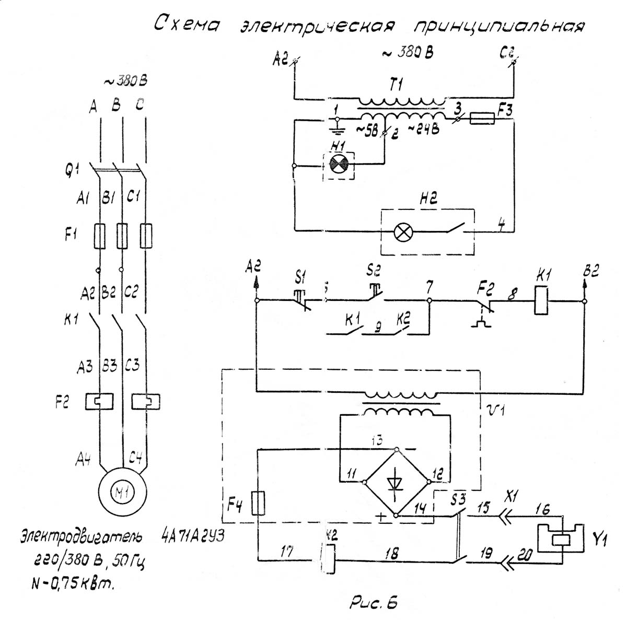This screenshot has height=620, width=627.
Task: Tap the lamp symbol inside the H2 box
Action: (x=402, y=232)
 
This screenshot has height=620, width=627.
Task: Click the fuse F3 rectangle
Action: (x=482, y=120)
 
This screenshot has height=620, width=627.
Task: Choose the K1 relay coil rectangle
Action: (x=541, y=300)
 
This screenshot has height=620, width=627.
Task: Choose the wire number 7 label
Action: (x=429, y=287)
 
